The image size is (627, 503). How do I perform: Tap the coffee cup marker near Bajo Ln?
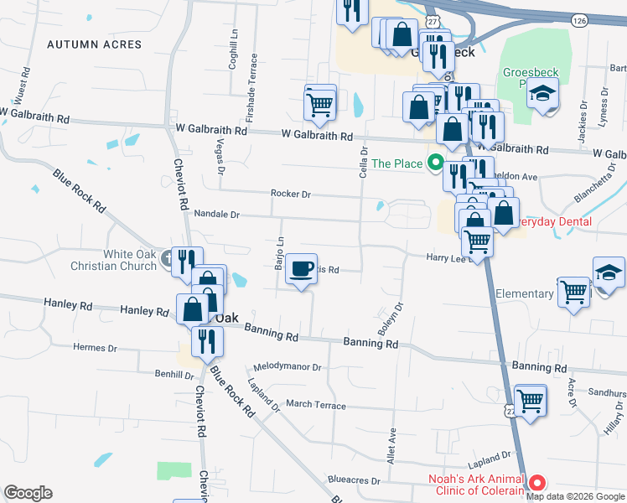[302, 270]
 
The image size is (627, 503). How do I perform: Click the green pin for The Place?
[434, 163]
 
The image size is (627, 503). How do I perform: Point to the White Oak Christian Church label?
[131, 260]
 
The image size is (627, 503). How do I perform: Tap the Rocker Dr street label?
[290, 194]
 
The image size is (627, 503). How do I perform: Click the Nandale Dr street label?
[217, 215]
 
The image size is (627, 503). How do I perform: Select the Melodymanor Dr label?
[288, 368]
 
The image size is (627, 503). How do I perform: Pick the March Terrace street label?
[315, 404]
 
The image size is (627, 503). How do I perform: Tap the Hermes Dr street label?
[95, 348]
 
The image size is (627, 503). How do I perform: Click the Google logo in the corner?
[28, 493]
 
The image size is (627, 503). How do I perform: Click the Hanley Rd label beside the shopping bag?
[144, 311]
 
